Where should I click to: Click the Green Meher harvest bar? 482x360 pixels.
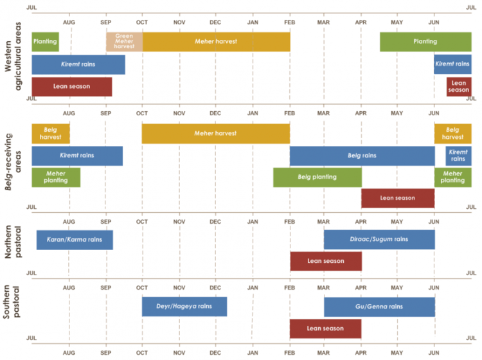[125, 42]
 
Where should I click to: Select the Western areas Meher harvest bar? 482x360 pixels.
[216, 42]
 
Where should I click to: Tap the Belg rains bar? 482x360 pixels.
[362, 156]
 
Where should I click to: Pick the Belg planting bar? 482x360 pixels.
[317, 177]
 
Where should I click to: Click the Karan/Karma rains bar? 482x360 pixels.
[75, 240]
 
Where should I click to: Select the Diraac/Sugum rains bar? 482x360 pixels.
[379, 240]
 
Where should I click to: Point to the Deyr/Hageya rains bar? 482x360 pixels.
[184, 307]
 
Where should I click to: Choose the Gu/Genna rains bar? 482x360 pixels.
[379, 307]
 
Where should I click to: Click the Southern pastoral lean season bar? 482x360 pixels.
[325, 328]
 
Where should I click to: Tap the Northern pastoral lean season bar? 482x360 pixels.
[325, 261]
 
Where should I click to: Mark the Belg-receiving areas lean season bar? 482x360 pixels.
[397, 198]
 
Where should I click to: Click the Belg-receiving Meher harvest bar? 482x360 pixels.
[216, 134]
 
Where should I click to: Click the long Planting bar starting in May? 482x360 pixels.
[425, 42]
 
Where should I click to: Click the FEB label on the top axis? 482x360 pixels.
[290, 23]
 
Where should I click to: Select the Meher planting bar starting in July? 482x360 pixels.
[56, 177]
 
